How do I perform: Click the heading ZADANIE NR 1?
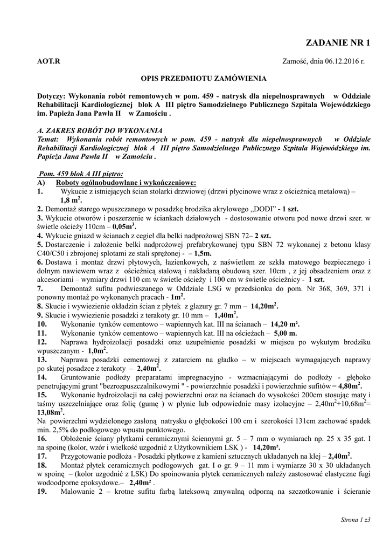point(338,43)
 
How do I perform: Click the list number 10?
point(43,324)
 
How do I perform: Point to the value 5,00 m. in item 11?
point(285,333)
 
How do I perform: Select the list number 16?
point(43,438)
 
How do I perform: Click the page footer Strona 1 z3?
point(356,520)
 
